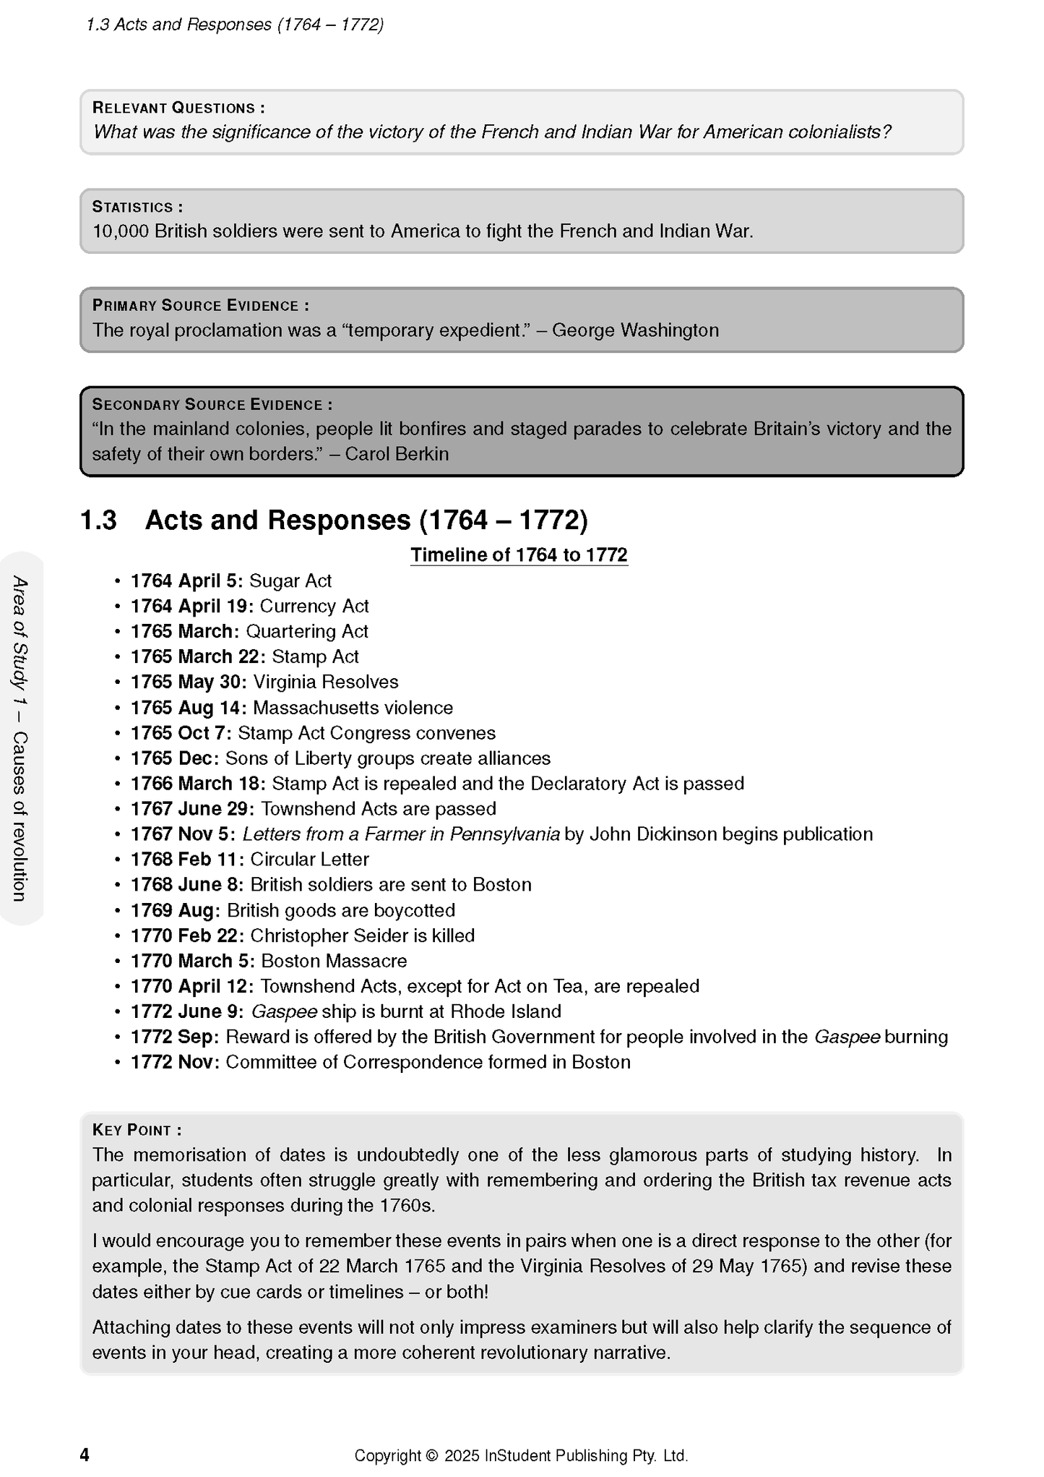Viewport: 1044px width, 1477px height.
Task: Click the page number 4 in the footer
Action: click(x=85, y=1455)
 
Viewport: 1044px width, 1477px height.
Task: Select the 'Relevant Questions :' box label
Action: click(x=178, y=108)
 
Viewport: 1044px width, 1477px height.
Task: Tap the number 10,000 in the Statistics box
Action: click(x=121, y=231)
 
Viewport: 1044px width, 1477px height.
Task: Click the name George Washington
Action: click(x=635, y=330)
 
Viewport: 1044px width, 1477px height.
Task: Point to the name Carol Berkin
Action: click(x=397, y=454)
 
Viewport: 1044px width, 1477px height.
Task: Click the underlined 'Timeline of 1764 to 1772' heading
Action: click(x=519, y=555)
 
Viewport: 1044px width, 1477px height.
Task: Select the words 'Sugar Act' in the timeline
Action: click(x=290, y=581)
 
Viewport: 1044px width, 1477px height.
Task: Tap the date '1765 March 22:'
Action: click(x=198, y=657)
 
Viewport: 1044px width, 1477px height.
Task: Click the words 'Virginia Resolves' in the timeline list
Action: click(x=326, y=682)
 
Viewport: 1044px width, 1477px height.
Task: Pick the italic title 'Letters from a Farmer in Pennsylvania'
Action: click(x=401, y=834)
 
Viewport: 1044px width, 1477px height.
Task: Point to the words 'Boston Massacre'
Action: click(x=334, y=961)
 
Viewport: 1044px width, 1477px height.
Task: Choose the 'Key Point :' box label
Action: click(x=137, y=1130)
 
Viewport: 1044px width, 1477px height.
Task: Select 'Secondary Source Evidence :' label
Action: click(x=212, y=405)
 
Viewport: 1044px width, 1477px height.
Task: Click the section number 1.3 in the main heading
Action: click(x=98, y=521)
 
